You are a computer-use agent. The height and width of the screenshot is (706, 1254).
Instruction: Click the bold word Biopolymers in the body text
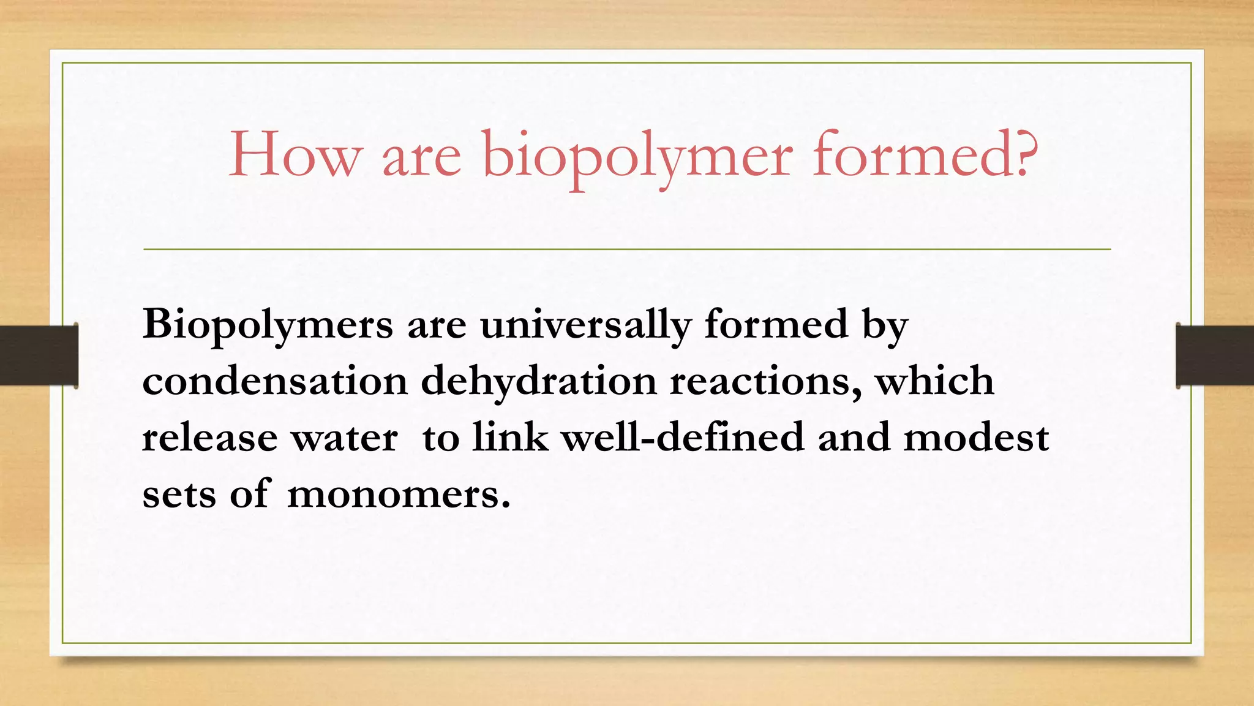coord(268,325)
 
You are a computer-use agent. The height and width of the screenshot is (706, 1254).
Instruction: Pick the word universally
coord(585,325)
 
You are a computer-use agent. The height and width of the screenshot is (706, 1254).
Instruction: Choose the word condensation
coord(275,381)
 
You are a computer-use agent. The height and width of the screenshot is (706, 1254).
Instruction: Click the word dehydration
coord(539,382)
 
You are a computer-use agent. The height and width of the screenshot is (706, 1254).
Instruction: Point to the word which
coord(934,381)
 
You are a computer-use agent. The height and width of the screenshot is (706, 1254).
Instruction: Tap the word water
coord(344,439)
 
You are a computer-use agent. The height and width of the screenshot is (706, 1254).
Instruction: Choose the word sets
coord(179,494)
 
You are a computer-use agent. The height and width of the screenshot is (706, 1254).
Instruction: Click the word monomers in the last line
coord(398,494)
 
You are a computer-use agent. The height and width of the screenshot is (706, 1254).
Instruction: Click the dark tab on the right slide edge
coord(1215,355)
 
